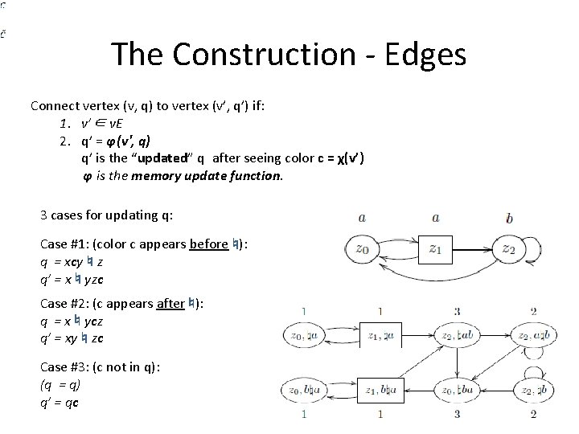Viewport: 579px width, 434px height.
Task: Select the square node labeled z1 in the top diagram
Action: click(x=435, y=249)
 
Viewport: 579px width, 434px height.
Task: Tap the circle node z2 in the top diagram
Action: click(x=509, y=249)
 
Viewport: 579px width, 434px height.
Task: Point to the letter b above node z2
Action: click(x=510, y=217)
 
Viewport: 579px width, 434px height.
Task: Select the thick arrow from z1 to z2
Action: click(x=472, y=248)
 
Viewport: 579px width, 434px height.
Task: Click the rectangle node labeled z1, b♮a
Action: click(x=381, y=390)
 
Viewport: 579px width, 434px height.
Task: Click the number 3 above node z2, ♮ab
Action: click(x=456, y=311)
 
